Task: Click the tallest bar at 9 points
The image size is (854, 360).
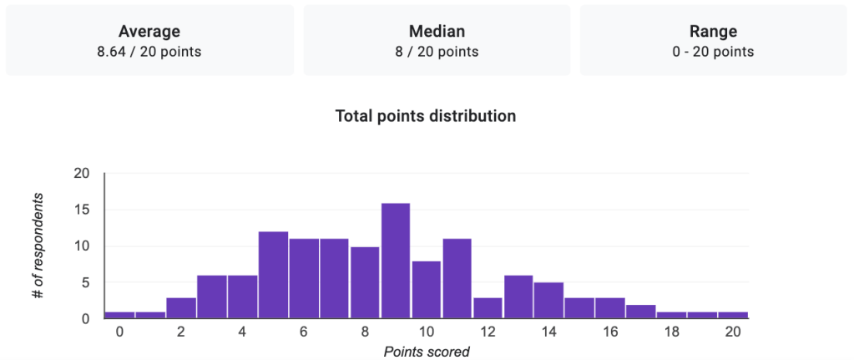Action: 396,261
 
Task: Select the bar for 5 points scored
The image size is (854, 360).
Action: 273,275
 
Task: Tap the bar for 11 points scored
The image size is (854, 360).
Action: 457,278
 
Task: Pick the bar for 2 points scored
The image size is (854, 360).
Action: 181,307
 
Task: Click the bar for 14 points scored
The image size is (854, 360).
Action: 549,300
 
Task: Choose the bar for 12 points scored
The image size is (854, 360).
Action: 488,307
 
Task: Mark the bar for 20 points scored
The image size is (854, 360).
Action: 733,315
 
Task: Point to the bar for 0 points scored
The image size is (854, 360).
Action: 119,315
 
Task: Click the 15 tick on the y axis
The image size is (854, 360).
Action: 83,210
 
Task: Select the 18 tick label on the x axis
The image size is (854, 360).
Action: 672,332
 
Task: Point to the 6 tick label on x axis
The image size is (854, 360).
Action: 304,332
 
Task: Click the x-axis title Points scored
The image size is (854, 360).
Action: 427,352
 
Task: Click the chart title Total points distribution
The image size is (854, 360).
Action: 426,116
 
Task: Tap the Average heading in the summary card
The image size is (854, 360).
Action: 149,32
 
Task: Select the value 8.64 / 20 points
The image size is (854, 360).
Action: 149,52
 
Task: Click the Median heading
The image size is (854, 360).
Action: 437,32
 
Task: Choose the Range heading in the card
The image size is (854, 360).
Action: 713,32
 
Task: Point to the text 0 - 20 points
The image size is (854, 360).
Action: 713,52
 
